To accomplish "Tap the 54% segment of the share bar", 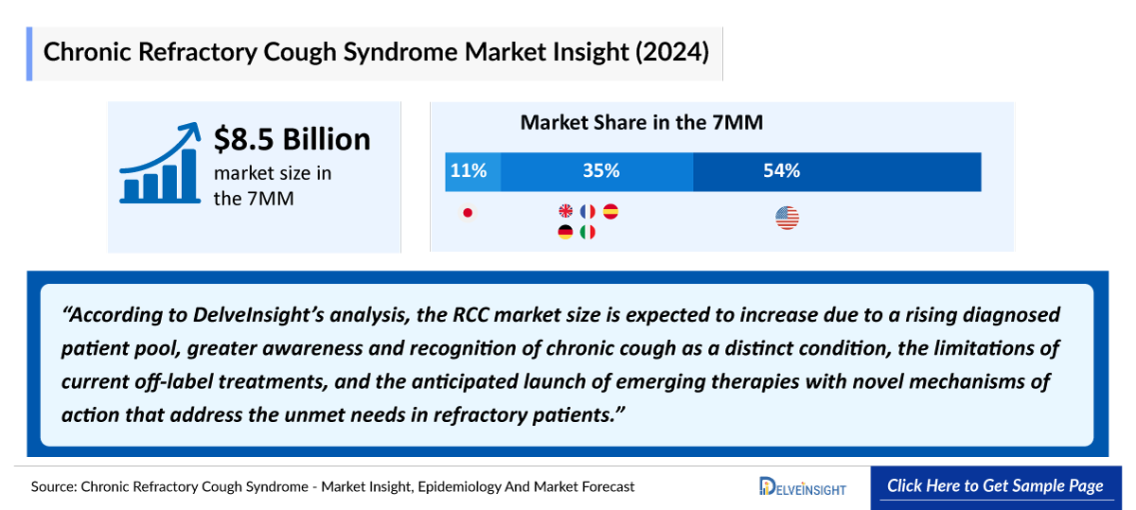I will [837, 171].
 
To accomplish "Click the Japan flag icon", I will [467, 213].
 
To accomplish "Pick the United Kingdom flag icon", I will [566, 212].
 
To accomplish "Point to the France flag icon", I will [588, 212].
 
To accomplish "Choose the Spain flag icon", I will [611, 212].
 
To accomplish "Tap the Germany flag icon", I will [566, 232].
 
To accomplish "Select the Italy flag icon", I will [588, 232].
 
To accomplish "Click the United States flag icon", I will [787, 219].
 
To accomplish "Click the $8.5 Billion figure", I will [292, 139].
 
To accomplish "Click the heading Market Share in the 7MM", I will [642, 122].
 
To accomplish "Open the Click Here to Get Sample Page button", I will [995, 486].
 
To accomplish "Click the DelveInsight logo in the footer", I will [803, 487].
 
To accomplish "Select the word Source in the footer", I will [52, 487].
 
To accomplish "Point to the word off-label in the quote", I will [179, 382].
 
